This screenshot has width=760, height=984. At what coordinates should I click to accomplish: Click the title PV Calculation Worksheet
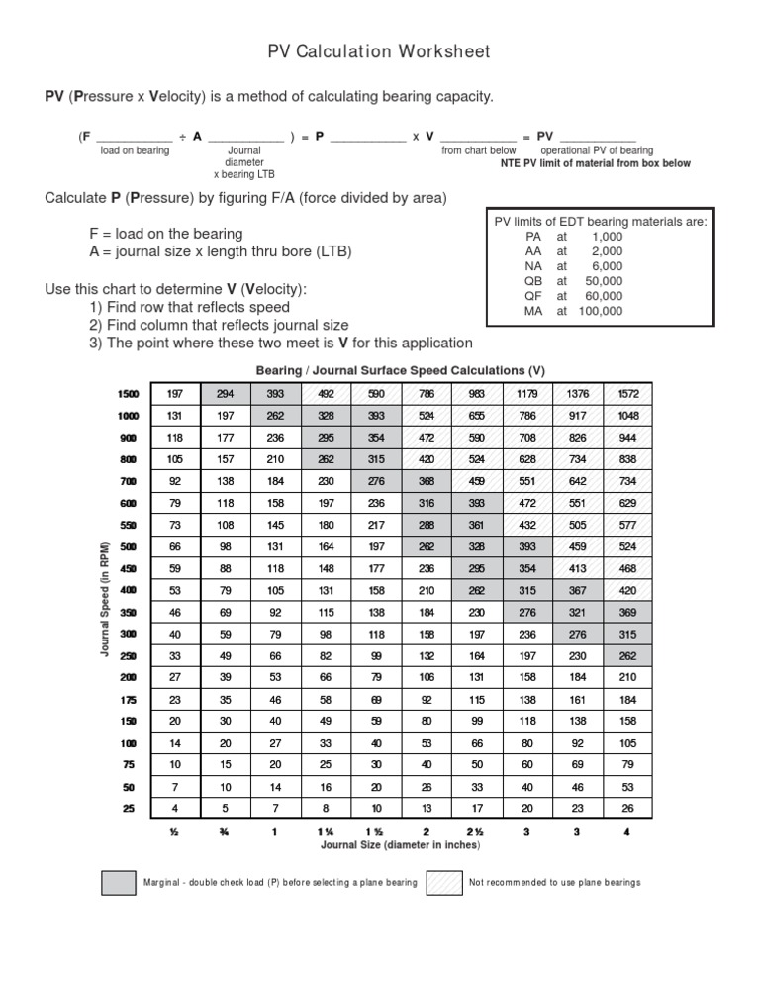click(x=379, y=51)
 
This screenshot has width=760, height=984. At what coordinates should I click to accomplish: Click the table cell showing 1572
click(x=626, y=393)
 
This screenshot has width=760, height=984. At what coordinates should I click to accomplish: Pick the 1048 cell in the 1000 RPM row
click(x=626, y=415)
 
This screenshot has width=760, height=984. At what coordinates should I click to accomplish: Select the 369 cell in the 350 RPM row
click(x=626, y=612)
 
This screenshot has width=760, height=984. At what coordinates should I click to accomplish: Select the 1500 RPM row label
click(x=128, y=393)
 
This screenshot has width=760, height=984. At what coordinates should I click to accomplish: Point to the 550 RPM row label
click(x=128, y=525)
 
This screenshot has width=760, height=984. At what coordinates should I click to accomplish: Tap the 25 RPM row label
click(x=128, y=808)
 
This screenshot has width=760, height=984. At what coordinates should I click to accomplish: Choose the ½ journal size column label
click(x=175, y=832)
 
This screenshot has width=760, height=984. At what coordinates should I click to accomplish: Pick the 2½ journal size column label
click(x=477, y=832)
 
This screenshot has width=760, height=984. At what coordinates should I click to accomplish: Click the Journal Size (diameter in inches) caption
click(x=401, y=845)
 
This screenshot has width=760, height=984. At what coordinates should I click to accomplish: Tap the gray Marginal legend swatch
click(x=118, y=882)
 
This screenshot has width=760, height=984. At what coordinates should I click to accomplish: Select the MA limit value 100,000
click(x=602, y=311)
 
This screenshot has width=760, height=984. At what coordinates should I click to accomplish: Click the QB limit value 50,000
click(x=605, y=281)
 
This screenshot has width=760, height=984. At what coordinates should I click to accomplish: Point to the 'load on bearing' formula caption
click(x=135, y=150)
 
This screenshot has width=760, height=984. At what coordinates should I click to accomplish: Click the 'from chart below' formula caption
click(x=479, y=150)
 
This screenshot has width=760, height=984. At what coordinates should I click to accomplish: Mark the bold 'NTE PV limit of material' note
click(x=595, y=163)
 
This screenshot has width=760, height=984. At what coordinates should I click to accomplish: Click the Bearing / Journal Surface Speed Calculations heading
click(x=401, y=371)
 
